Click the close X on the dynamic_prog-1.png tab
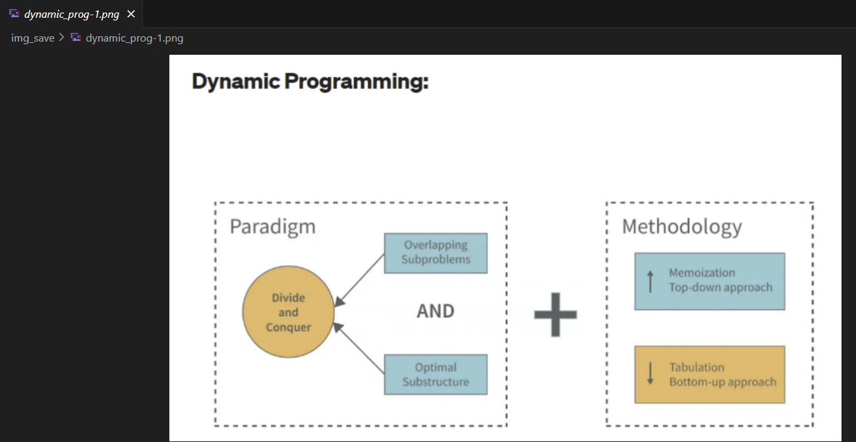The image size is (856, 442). coord(131,14)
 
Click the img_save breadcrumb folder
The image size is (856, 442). coord(32,38)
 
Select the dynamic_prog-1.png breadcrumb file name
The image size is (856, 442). coord(134,38)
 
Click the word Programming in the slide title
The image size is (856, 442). coord(356,82)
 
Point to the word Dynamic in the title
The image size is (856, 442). coord(236,82)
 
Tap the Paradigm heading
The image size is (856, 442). coord(272,226)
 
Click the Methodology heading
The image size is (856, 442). coord(682,226)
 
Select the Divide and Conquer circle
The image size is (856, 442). coord(289,312)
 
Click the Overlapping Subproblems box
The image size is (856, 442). coord(436,253)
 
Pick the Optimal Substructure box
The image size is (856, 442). coord(436,374)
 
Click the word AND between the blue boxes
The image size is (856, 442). coord(436,311)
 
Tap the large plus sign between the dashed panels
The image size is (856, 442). coord(556,315)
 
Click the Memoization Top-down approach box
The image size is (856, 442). coord(710,281)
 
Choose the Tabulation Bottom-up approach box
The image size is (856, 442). coord(710,375)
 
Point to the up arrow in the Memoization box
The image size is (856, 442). coord(650,281)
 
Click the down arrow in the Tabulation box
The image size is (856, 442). coord(650,373)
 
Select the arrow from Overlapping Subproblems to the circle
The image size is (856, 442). coord(360,280)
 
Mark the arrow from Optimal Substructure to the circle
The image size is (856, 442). coord(359,348)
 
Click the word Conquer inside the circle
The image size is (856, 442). coord(289,328)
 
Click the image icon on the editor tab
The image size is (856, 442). coord(14,14)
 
